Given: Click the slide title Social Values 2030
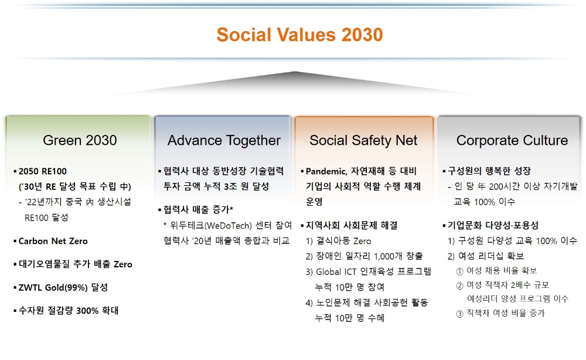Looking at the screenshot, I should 299,35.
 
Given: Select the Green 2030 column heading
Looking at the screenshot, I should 80,141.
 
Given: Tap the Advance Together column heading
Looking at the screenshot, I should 224,141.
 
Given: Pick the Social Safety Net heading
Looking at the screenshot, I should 363,141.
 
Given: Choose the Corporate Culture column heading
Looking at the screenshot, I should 512,141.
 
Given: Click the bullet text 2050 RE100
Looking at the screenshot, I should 43,171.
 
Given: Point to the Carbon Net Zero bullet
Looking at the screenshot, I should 53,241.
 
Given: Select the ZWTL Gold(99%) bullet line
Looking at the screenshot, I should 63,287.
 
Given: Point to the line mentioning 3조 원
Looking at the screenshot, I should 216,186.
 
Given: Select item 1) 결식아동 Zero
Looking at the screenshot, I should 339,241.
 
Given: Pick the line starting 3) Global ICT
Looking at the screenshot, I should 369,272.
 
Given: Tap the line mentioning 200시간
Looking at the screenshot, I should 513,186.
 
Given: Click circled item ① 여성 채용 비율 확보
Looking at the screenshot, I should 496,271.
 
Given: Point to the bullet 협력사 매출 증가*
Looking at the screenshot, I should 199,210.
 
